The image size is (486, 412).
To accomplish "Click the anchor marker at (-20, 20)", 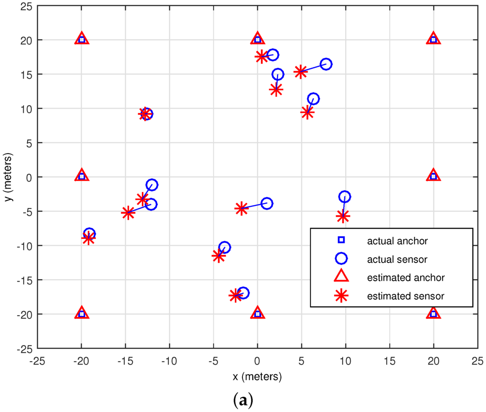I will pos(82,39).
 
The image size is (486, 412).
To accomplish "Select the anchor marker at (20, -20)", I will pos(433,313).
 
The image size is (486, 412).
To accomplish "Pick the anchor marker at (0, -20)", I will pos(258,313).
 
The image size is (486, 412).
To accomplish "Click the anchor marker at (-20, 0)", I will pos(82,176).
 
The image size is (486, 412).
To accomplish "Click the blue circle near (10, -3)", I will pos(345,197).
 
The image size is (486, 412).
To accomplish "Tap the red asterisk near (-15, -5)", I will pos(128,213).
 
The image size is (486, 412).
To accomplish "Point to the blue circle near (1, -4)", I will pos(267,203).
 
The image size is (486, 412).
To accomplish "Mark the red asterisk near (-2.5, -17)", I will pos(235,295).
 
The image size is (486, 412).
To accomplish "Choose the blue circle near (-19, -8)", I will pos(89,233).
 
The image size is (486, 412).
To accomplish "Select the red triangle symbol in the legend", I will pos(341,277).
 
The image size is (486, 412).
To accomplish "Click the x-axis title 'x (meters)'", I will pos(258,377).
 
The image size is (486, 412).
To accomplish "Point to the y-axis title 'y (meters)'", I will pos(9,176).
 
